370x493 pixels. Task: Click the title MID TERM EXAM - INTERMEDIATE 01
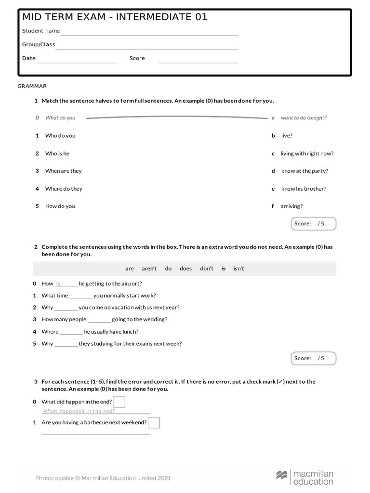point(115,17)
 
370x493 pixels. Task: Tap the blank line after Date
point(77,62)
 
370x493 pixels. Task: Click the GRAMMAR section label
point(32,86)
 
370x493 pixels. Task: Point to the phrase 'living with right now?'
point(307,154)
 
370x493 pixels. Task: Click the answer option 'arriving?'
point(291,206)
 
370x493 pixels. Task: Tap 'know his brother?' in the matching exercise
point(304,189)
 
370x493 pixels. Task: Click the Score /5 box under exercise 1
point(314,224)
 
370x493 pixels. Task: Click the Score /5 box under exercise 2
point(314,358)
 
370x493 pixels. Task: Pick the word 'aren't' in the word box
point(149,269)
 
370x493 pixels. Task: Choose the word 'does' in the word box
point(185,269)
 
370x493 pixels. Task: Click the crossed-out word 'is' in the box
point(223,269)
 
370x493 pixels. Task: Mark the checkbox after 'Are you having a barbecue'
point(154,423)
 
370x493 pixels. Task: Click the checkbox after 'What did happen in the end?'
point(119,402)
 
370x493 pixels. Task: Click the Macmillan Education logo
point(304,477)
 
